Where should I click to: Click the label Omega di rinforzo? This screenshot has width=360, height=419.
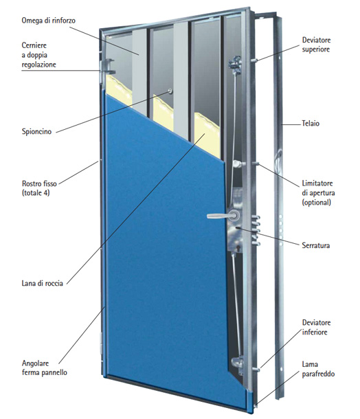pyautogui.click(x=48, y=21)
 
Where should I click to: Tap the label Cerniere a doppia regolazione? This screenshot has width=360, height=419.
pyautogui.click(x=38, y=55)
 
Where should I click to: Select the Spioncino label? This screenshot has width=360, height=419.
pyautogui.click(x=36, y=131)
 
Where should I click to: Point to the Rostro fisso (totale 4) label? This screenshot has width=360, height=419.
pyautogui.click(x=39, y=188)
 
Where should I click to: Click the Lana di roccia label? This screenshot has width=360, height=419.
pyautogui.click(x=42, y=283)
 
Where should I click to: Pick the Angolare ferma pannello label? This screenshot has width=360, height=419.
pyautogui.click(x=45, y=367)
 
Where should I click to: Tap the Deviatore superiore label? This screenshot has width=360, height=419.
pyautogui.click(x=316, y=45)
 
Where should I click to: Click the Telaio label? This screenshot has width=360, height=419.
pyautogui.click(x=311, y=124)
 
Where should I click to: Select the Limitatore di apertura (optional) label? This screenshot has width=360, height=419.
pyautogui.click(x=318, y=192)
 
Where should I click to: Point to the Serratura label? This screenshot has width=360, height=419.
pyautogui.click(x=315, y=245)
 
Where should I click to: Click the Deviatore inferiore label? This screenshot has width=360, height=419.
pyautogui.click(x=316, y=328)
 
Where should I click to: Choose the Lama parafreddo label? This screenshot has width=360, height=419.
pyautogui.click(x=318, y=369)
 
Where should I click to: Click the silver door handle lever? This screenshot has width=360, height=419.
pyautogui.click(x=219, y=216)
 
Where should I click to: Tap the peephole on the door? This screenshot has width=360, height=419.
pyautogui.click(x=170, y=91)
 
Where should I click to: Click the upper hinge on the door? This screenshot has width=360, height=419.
pyautogui.click(x=107, y=67)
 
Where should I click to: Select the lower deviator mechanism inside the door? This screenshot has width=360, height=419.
pyautogui.click(x=238, y=364)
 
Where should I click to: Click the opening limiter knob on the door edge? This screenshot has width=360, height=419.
pyautogui.click(x=237, y=163)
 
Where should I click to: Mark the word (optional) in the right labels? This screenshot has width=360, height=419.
pyautogui.click(x=317, y=202)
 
